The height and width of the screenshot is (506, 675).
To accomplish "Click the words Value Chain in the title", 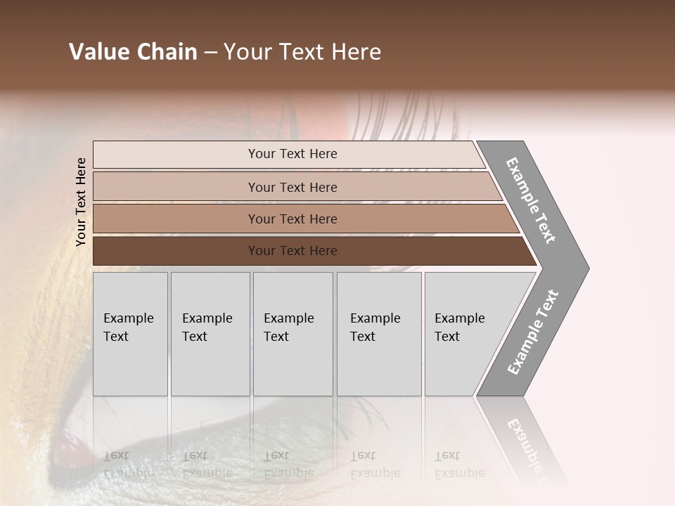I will [133, 52].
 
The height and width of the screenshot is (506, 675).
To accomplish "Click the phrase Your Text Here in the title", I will [302, 52].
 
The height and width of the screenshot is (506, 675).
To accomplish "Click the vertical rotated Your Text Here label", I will [81, 202].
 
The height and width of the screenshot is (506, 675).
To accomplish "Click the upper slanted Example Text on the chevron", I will [531, 200].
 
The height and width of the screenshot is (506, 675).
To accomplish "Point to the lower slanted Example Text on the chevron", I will [533, 332].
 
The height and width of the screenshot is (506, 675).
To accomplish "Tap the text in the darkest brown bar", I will [292, 251].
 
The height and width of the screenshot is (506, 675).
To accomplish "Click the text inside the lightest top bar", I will [292, 154].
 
